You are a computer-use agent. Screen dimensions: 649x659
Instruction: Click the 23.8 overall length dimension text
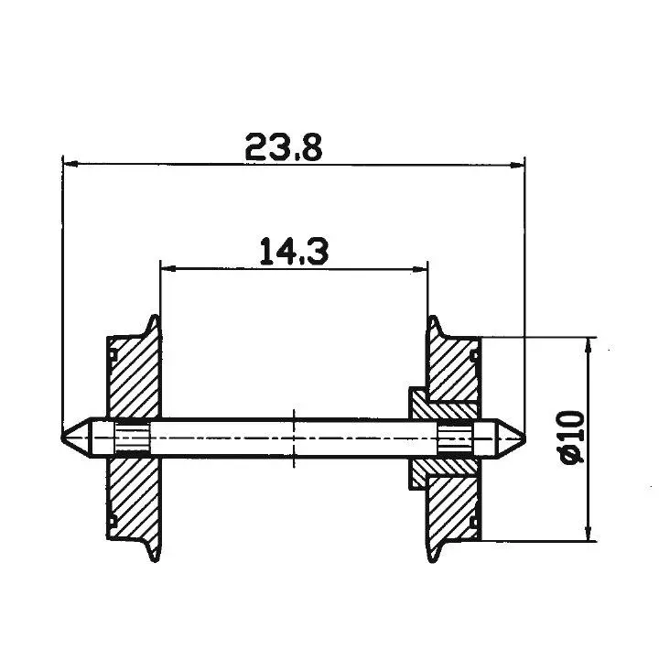click(284, 146)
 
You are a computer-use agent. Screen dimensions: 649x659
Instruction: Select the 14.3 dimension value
click(292, 251)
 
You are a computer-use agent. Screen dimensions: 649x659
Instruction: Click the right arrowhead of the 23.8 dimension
click(518, 166)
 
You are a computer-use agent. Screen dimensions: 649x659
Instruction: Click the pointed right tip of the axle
click(524, 438)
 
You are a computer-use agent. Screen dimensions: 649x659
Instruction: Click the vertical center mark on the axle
click(293, 438)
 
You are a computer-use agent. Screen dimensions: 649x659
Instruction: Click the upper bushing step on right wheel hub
click(417, 401)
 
